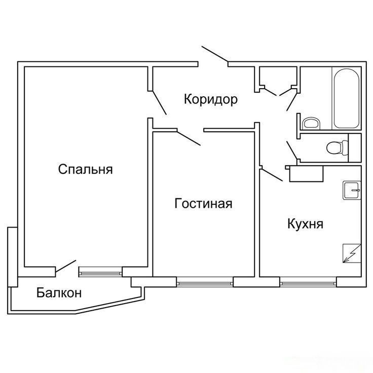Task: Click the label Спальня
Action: (85, 169)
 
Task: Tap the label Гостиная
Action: (203, 204)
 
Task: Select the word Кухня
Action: (306, 224)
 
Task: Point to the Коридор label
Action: (211, 99)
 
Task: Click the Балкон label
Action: (59, 292)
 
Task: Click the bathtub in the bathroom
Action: (347, 98)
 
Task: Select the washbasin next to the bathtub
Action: (311, 123)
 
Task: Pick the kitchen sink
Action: (352, 191)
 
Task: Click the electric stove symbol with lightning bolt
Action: (352, 253)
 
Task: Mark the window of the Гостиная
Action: (205, 283)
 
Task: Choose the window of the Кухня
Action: (308, 283)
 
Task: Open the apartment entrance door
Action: (215, 54)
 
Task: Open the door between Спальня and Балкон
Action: (66, 266)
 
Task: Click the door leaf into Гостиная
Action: (189, 137)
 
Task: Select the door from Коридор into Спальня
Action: (159, 102)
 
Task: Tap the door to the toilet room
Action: (292, 150)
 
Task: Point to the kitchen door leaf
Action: (272, 175)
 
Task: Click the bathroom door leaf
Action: (292, 101)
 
